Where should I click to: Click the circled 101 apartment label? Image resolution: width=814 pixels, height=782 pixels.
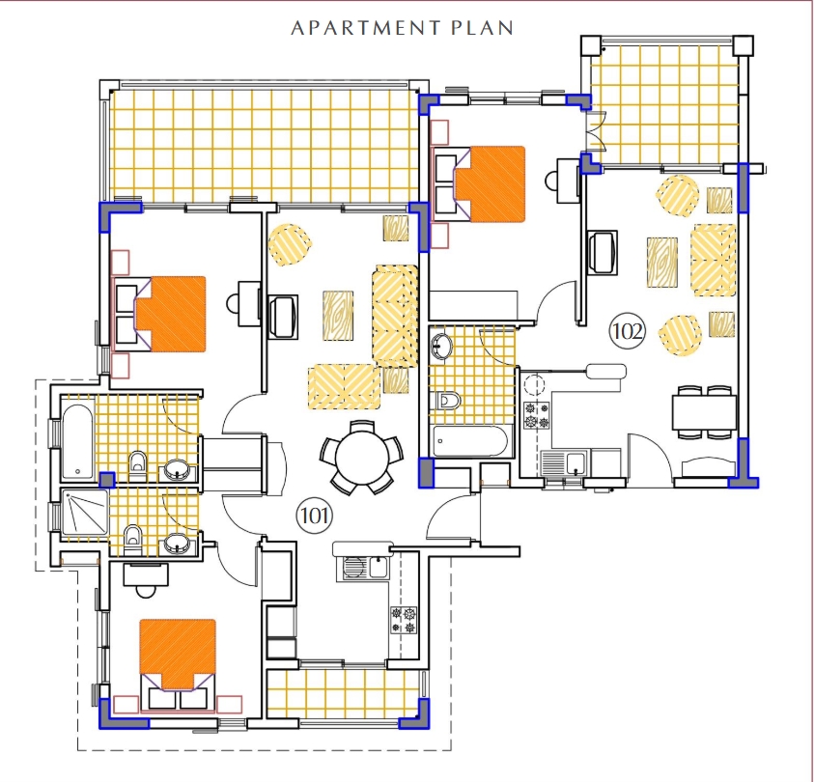click(x=315, y=516)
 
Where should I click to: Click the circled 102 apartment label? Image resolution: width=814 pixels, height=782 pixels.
click(x=628, y=330)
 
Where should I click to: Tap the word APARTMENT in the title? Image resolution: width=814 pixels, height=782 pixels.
click(x=366, y=27)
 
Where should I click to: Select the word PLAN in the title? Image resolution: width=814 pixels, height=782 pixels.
click(x=482, y=27)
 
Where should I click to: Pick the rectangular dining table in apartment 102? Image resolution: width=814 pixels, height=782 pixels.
click(x=705, y=412)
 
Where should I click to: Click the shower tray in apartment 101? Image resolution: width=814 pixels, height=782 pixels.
click(x=85, y=513)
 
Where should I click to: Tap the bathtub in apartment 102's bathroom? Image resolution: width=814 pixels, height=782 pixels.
click(x=470, y=441)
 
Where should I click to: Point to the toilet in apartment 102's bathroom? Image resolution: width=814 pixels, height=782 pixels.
click(x=449, y=401)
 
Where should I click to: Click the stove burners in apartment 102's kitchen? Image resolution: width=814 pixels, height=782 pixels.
click(x=537, y=415)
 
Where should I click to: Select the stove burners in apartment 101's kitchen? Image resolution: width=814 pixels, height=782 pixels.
click(x=404, y=621)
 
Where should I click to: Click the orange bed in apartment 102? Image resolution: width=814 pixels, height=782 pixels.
click(x=491, y=184)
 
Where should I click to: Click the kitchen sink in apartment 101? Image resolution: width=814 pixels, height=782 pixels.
click(x=365, y=567)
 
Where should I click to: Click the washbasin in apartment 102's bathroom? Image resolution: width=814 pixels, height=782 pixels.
click(x=441, y=345)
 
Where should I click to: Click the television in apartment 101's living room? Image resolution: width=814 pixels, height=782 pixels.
click(x=283, y=317)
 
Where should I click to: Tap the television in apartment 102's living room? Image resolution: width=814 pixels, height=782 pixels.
click(x=603, y=252)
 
